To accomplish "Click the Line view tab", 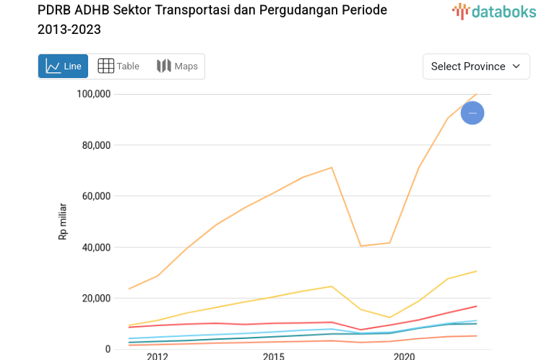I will pyautogui.click(x=63, y=67).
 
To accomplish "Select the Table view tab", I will pyautogui.click(x=118, y=67).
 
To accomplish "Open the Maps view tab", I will pyautogui.click(x=177, y=67).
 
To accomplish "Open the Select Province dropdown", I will pyautogui.click(x=476, y=67).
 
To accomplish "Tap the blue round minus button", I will pyautogui.click(x=472, y=113).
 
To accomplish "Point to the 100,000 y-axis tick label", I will pyautogui.click(x=92, y=94).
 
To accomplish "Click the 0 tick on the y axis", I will pyautogui.click(x=108, y=349).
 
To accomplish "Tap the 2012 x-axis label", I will pyautogui.click(x=157, y=356).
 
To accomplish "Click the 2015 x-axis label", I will pyautogui.click(x=273, y=356).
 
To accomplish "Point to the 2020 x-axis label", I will pyautogui.click(x=404, y=356).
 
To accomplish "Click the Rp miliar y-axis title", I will pyautogui.click(x=63, y=222).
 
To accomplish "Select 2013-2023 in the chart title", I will pyautogui.click(x=69, y=30).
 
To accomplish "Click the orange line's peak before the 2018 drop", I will pyautogui.click(x=332, y=168).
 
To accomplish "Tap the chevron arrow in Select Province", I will pyautogui.click(x=516, y=67).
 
